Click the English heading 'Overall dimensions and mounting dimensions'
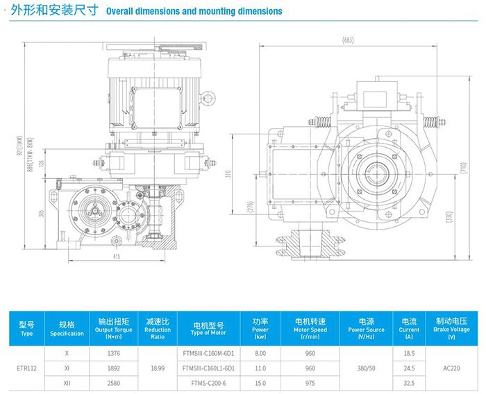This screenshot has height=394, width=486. point(194,11)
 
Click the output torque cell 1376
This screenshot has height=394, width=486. point(114,354)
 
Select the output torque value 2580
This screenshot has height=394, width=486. point(114,382)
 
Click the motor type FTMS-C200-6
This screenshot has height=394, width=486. point(208,382)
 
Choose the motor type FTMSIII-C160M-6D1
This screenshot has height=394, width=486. point(208,354)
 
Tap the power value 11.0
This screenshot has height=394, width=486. point(260,368)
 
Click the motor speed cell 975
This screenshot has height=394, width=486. point(310,382)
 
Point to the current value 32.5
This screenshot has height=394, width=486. point(408,382)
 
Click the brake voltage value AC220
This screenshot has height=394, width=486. point(451,368)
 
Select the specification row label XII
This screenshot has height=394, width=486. point(67,382)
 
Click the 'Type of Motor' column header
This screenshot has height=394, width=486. point(208,329)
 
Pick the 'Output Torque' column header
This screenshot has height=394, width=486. point(114,329)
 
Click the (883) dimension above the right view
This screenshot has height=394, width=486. point(348,40)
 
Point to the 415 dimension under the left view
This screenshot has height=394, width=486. point(116,257)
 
